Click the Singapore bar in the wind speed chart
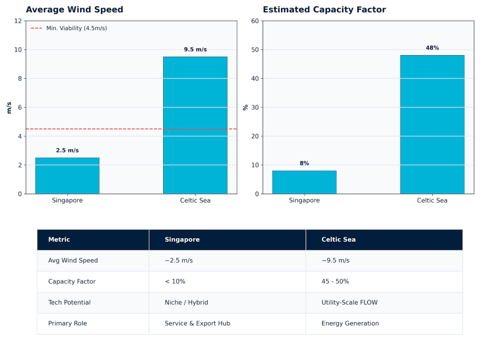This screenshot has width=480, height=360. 67,176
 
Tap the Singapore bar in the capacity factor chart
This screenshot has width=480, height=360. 304,182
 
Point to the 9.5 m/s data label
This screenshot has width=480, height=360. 195,49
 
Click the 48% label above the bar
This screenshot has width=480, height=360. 432,48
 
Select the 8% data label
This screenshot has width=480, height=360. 304,163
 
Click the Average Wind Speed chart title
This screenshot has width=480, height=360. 75,10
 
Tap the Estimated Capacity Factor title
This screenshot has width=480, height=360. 324,10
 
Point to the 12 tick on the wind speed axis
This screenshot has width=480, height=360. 18,21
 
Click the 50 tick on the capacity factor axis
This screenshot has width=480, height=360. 255,50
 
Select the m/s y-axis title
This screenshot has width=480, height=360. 9,107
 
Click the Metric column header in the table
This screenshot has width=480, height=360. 59,240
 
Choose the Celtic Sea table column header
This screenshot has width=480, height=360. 338,240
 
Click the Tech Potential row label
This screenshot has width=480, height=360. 69,302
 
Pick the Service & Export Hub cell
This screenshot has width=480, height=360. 197,323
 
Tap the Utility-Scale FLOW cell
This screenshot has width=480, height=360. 349,302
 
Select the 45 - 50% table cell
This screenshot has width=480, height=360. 335,281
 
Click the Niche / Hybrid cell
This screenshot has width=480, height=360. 186,302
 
